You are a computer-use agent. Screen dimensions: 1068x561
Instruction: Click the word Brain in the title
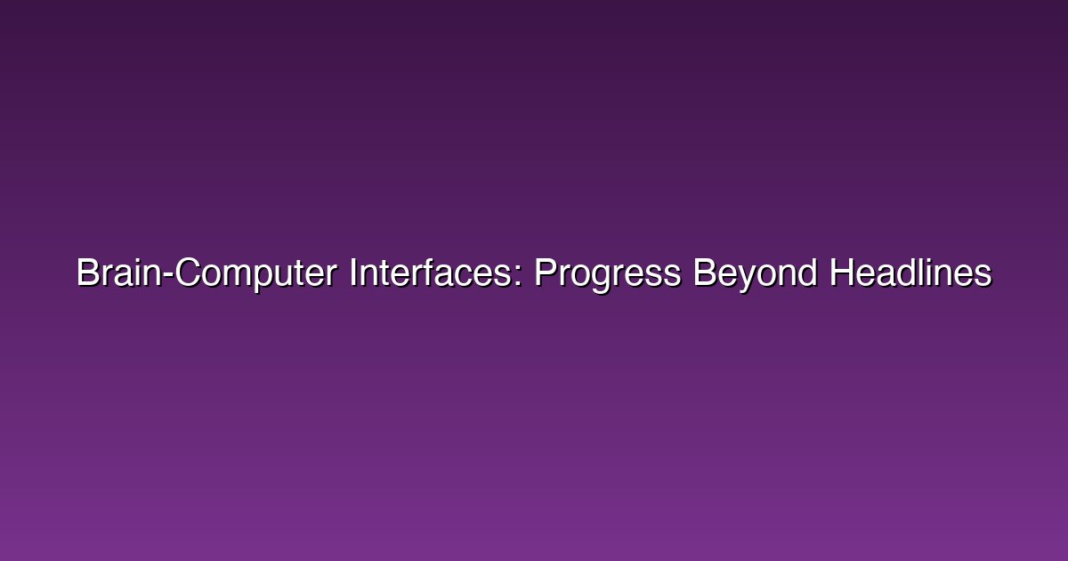pos(118,272)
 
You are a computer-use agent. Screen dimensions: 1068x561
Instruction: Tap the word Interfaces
pos(430,272)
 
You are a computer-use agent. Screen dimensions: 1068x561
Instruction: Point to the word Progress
pos(607,275)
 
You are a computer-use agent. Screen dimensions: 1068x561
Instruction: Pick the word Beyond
pos(756,275)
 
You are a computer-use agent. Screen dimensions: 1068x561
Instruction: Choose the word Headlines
pos(910,272)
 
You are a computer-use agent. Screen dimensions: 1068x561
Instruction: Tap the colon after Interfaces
pos(518,276)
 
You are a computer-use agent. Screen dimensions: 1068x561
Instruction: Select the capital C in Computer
pos(188,272)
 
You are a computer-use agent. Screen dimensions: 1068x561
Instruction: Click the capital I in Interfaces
pos(352,272)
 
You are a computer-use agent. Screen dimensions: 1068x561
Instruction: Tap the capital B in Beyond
pos(704,272)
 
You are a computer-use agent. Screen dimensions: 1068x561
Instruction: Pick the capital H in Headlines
pos(841,272)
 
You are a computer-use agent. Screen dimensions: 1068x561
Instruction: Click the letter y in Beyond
pos(746,280)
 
